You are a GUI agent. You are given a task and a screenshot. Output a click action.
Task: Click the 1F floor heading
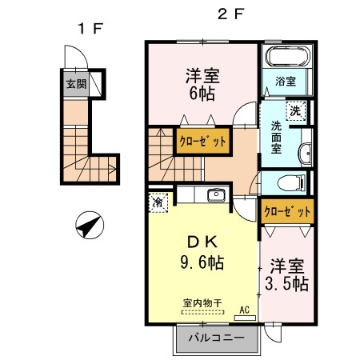click(90, 30)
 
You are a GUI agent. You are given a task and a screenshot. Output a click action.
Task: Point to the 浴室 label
click(286, 82)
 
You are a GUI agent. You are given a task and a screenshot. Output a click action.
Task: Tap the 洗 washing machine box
click(296, 113)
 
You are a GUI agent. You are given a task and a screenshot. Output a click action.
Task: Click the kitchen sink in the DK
click(214, 196)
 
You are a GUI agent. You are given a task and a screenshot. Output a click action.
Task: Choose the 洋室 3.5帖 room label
click(286, 274)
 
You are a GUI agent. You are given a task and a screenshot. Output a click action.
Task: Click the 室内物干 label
click(202, 303)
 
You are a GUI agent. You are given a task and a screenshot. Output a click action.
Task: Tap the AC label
click(244, 310)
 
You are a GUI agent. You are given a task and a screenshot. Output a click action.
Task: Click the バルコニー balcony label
click(216, 338)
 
